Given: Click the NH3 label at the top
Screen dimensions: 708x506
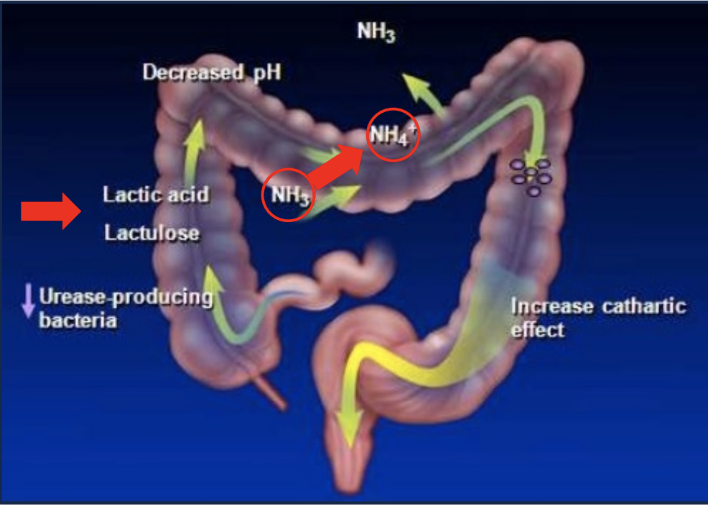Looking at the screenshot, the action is (376, 32).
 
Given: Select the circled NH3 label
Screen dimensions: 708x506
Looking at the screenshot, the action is (288, 195).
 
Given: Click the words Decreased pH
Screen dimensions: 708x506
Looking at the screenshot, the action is (211, 73).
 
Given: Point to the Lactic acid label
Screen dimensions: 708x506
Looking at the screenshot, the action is (156, 195).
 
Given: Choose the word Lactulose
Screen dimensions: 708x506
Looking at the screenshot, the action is (152, 233).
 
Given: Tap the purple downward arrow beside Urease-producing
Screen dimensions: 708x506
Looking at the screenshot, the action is (28, 300).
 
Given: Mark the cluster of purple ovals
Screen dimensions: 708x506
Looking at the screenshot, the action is (531, 177).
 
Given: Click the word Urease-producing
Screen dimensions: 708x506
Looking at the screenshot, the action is (126, 298).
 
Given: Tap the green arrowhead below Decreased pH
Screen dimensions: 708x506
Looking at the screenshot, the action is (195, 133).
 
